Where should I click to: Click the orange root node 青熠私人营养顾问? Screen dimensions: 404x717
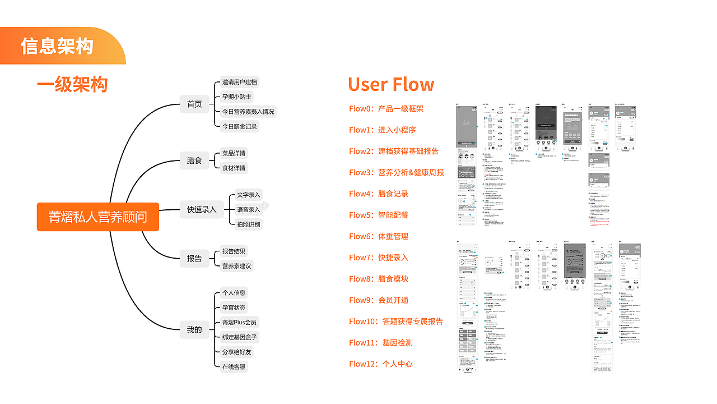(x=98, y=217)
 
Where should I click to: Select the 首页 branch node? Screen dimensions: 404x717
(x=194, y=104)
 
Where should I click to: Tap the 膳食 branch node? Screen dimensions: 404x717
(x=194, y=160)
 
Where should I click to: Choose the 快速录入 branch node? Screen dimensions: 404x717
(x=202, y=209)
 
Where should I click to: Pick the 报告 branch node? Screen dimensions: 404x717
(x=194, y=258)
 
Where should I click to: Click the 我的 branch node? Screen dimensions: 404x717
(x=194, y=329)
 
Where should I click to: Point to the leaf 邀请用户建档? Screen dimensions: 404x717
(x=240, y=82)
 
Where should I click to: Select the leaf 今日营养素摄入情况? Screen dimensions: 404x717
(x=248, y=112)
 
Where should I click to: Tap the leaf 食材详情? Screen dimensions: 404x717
(x=234, y=168)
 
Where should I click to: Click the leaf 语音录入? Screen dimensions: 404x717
(x=249, y=209)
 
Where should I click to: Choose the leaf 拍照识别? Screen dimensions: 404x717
(x=249, y=224)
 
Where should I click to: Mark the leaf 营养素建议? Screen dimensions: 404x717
(x=236, y=265)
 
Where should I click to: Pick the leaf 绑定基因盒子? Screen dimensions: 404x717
(x=240, y=337)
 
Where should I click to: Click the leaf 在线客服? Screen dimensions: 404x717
(x=234, y=367)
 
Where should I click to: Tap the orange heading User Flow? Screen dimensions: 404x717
(x=391, y=84)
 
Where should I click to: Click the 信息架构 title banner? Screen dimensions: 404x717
(x=57, y=46)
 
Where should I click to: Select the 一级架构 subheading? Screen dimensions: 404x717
(x=72, y=84)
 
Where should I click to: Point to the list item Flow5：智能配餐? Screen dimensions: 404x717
(x=379, y=215)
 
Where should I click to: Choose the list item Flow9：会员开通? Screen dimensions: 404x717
(x=379, y=300)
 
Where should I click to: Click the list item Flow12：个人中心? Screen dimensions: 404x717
(x=381, y=364)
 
